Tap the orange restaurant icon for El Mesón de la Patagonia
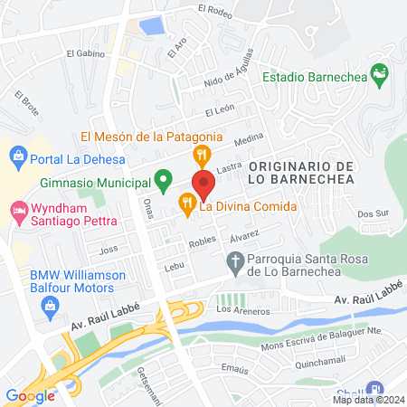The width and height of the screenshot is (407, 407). click(x=203, y=155)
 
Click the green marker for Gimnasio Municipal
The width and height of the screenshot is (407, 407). click(x=163, y=181)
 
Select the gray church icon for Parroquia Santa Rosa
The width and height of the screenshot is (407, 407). click(x=233, y=262)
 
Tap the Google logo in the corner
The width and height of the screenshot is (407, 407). click(x=30, y=395)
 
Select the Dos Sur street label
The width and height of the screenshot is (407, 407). click(x=372, y=214)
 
